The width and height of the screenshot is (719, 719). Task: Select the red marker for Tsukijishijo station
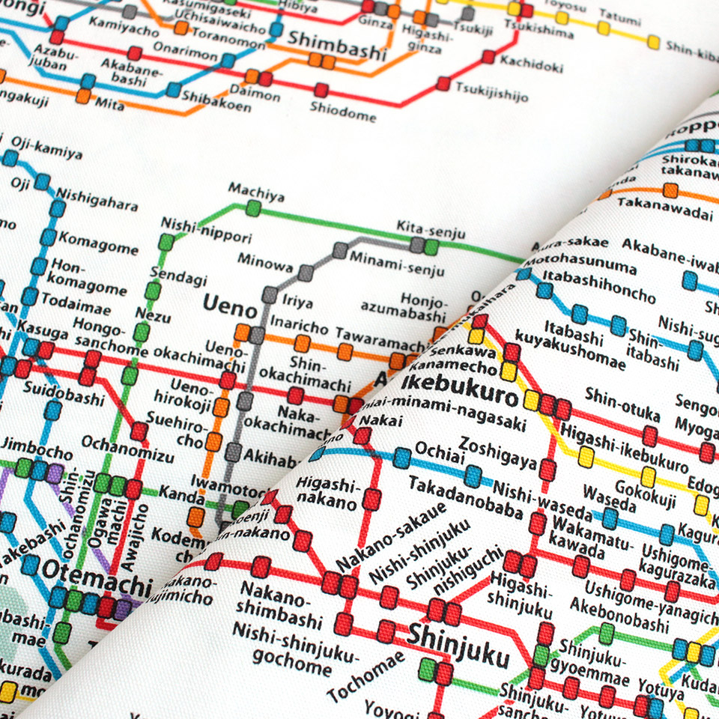[443, 83]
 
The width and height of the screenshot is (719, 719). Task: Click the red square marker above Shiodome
[321, 91]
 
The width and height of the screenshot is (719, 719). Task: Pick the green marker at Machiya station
[253, 208]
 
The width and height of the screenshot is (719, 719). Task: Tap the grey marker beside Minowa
[305, 273]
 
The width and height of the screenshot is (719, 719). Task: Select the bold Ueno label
[226, 305]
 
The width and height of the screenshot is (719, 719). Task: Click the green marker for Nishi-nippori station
[166, 242]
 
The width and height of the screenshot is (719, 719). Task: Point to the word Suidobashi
[64, 392]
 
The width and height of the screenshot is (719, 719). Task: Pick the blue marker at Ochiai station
[403, 458]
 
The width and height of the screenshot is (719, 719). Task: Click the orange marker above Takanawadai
[670, 190]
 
